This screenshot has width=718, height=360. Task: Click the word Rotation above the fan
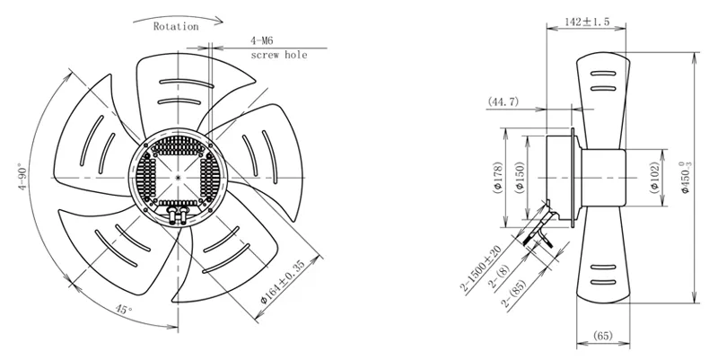click(176, 27)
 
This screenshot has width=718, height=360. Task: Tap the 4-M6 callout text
click(261, 40)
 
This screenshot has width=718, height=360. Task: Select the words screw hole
click(279, 56)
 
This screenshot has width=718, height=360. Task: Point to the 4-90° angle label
click(23, 177)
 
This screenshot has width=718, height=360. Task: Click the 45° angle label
click(123, 310)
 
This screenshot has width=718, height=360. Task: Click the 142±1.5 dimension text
click(587, 22)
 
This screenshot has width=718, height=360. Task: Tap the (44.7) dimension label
click(503, 101)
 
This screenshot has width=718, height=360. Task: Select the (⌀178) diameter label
click(498, 178)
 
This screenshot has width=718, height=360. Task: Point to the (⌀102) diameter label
click(655, 178)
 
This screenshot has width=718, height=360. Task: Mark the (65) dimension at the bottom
click(602, 336)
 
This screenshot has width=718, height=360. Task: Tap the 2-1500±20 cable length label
click(482, 269)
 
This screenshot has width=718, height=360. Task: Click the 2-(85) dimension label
click(514, 294)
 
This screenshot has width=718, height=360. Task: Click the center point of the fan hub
click(178, 177)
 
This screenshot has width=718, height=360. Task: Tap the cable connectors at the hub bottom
click(178, 215)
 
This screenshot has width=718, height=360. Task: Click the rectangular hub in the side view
click(603, 178)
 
